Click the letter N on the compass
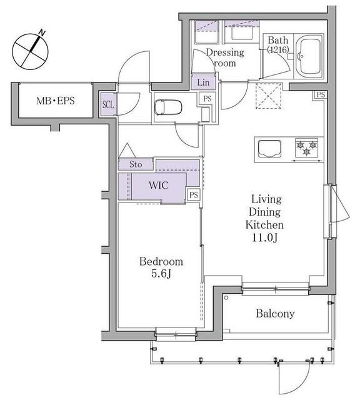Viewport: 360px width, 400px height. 42,33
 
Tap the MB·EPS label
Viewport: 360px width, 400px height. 56,101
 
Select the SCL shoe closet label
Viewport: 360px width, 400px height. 108,104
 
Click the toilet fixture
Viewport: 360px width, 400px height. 168,107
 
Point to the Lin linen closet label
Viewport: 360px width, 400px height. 203,82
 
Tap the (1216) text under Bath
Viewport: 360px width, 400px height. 278,49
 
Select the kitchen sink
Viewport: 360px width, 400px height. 269,149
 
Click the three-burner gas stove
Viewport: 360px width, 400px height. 306,147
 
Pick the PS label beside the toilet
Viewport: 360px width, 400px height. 207,99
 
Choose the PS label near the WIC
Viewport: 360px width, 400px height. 194,195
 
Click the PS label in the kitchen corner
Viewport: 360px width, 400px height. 321,94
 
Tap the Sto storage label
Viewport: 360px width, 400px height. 136,164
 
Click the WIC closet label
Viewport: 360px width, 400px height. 159,185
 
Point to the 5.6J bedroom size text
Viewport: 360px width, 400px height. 161,274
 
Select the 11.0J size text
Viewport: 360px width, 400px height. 264,237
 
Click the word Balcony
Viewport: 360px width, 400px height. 275,314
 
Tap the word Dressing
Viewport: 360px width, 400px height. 225,52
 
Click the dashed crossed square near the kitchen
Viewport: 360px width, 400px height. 269,96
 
